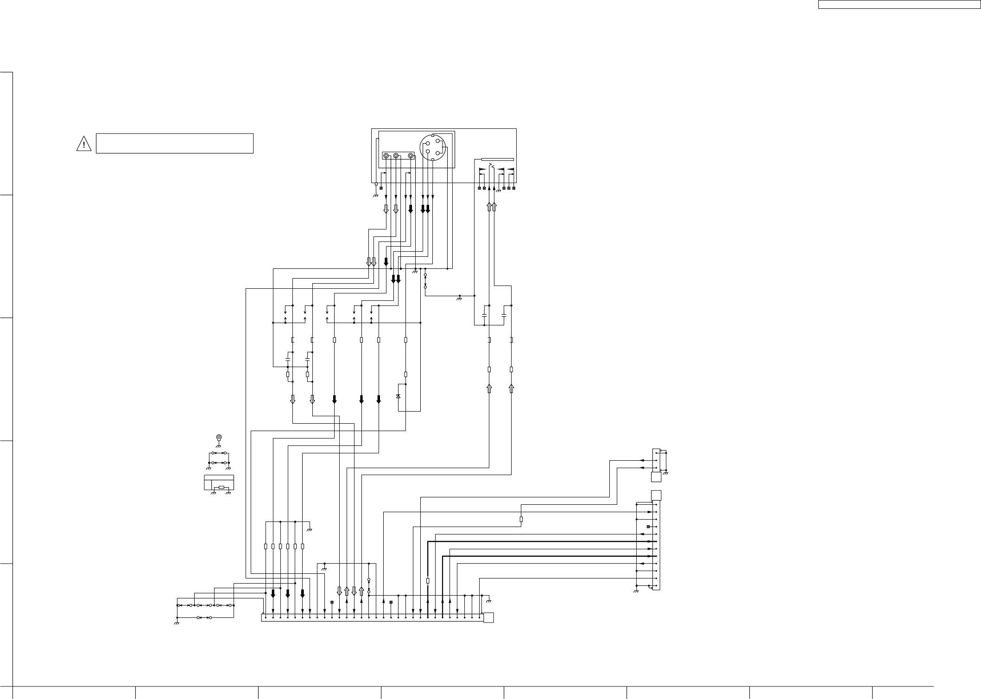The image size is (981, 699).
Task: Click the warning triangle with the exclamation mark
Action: point(83,144)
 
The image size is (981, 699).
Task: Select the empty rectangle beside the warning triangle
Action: point(174,143)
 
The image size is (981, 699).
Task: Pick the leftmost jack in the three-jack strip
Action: point(386,156)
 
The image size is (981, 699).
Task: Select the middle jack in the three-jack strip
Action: point(396,156)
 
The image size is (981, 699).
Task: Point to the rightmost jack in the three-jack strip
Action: point(411,156)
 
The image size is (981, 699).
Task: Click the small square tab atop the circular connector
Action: point(433,135)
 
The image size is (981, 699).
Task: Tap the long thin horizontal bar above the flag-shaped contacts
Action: point(498,159)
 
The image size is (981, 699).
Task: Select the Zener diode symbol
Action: point(399,396)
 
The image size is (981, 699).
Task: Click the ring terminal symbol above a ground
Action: point(219,437)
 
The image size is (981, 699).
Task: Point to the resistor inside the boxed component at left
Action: point(222,487)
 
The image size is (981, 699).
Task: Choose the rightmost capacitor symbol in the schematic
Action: point(504,315)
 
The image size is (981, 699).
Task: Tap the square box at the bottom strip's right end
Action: point(488,617)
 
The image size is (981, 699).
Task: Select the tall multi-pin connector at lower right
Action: point(656,545)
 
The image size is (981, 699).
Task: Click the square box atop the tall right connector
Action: point(656,496)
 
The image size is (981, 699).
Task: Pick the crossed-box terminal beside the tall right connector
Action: point(648,527)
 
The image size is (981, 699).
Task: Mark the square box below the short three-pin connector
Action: point(656,477)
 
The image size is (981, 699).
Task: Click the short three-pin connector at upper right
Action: point(656,460)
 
